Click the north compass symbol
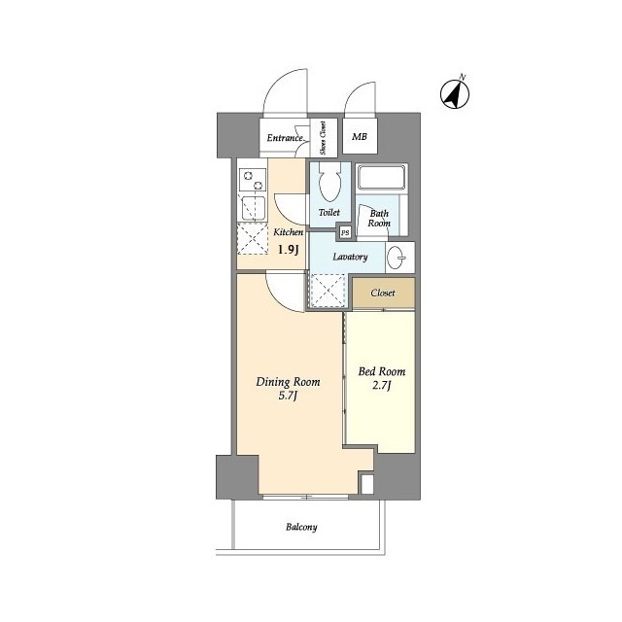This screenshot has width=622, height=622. (x=455, y=93)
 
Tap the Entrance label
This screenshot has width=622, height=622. (x=285, y=138)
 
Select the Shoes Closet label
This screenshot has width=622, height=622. (x=323, y=138)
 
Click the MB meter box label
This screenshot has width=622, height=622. (x=360, y=137)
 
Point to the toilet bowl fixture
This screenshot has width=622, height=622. (x=329, y=182)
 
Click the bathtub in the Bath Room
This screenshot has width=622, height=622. (x=381, y=178)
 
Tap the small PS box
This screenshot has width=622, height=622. (x=345, y=233)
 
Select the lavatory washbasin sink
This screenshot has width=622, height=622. (x=396, y=258)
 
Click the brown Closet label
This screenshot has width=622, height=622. (x=383, y=294)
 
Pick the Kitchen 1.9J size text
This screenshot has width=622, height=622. (x=288, y=250)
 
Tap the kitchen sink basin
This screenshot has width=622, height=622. (x=253, y=208)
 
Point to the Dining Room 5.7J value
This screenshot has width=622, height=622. (x=288, y=397)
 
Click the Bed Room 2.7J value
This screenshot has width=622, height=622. (x=382, y=386)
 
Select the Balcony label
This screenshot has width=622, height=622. (x=301, y=527)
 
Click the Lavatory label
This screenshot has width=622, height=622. (x=350, y=257)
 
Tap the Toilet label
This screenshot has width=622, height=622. (x=329, y=213)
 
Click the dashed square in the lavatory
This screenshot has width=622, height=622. (x=328, y=291)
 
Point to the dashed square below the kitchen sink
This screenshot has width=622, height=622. (x=252, y=239)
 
